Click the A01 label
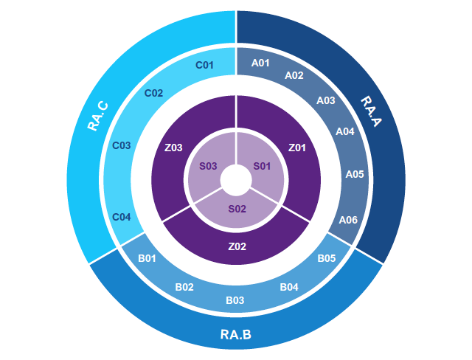point(260,63)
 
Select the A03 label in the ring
point(326,100)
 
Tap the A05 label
point(355,174)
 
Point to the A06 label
point(348,220)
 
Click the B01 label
point(147,258)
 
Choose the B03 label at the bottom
point(235,300)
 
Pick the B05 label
point(327,258)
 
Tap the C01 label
point(204,65)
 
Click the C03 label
point(121,145)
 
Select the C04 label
point(121,217)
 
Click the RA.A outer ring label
point(371,111)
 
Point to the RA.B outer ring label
point(236,334)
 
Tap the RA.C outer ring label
point(98,117)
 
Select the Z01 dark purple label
point(297,148)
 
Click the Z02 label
point(237,246)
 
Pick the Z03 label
point(173,148)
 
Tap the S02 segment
point(237,211)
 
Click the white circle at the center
point(236,180)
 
